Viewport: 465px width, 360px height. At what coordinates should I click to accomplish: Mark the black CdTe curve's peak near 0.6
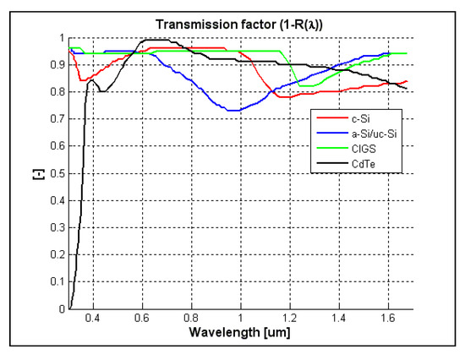(155, 40)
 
